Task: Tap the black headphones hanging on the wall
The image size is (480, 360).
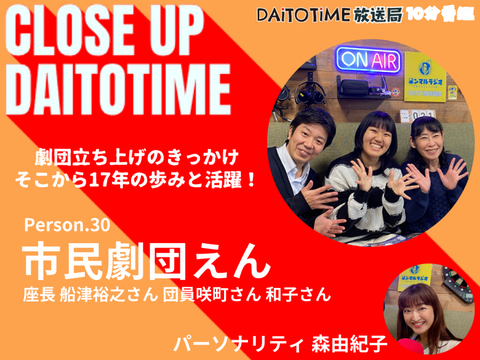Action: (310, 93)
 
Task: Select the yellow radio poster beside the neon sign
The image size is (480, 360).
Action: (425, 76)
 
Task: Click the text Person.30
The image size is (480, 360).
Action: (67, 225)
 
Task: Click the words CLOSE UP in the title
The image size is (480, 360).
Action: (105, 30)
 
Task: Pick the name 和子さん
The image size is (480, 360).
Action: (298, 295)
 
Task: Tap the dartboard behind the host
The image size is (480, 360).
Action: (458, 284)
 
